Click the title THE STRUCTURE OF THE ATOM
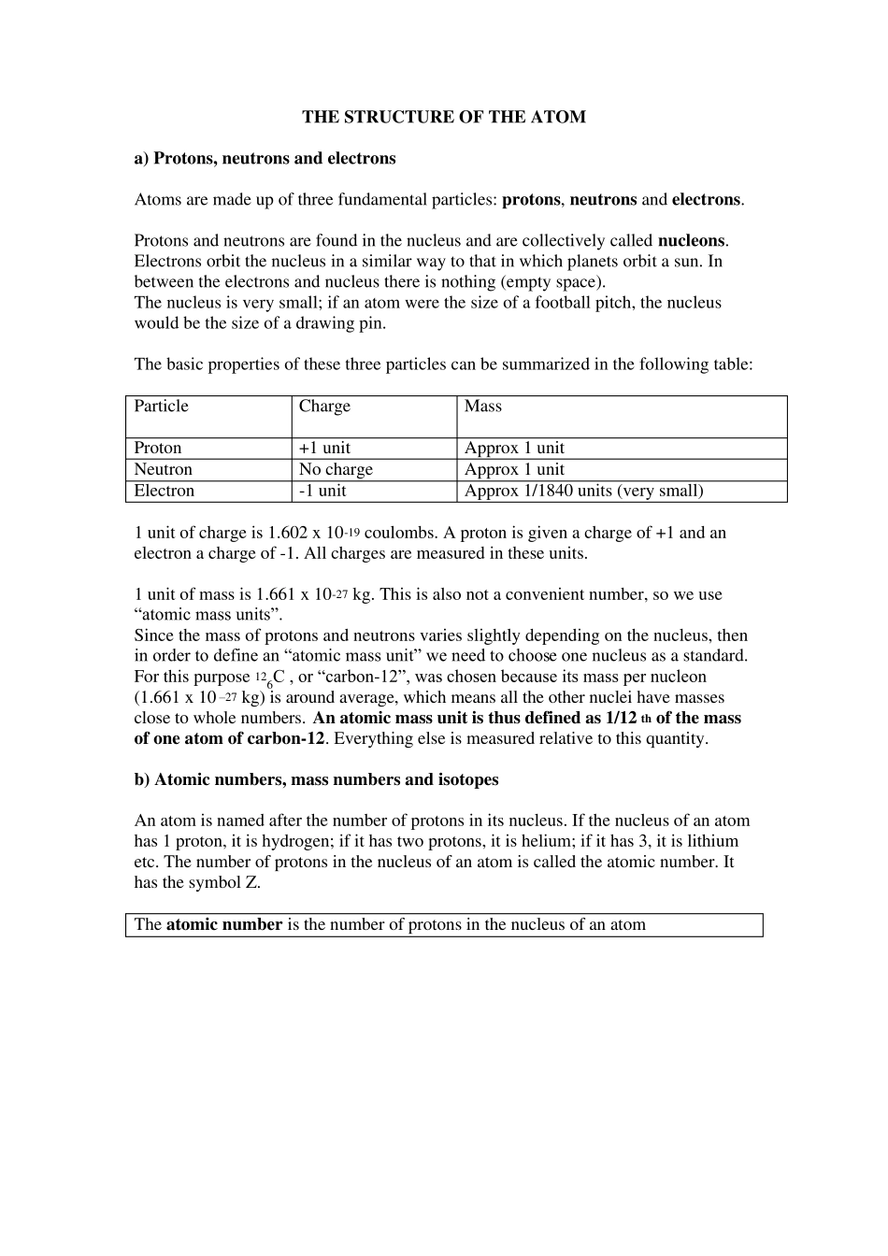click(x=443, y=117)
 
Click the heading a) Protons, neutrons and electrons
click(x=265, y=158)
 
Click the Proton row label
click(x=158, y=448)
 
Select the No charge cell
click(x=336, y=469)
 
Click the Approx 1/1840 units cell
click(x=583, y=491)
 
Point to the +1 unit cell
click(x=324, y=448)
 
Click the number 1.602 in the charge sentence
click(x=287, y=533)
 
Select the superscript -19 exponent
click(x=351, y=530)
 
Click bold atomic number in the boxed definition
click(x=224, y=924)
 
